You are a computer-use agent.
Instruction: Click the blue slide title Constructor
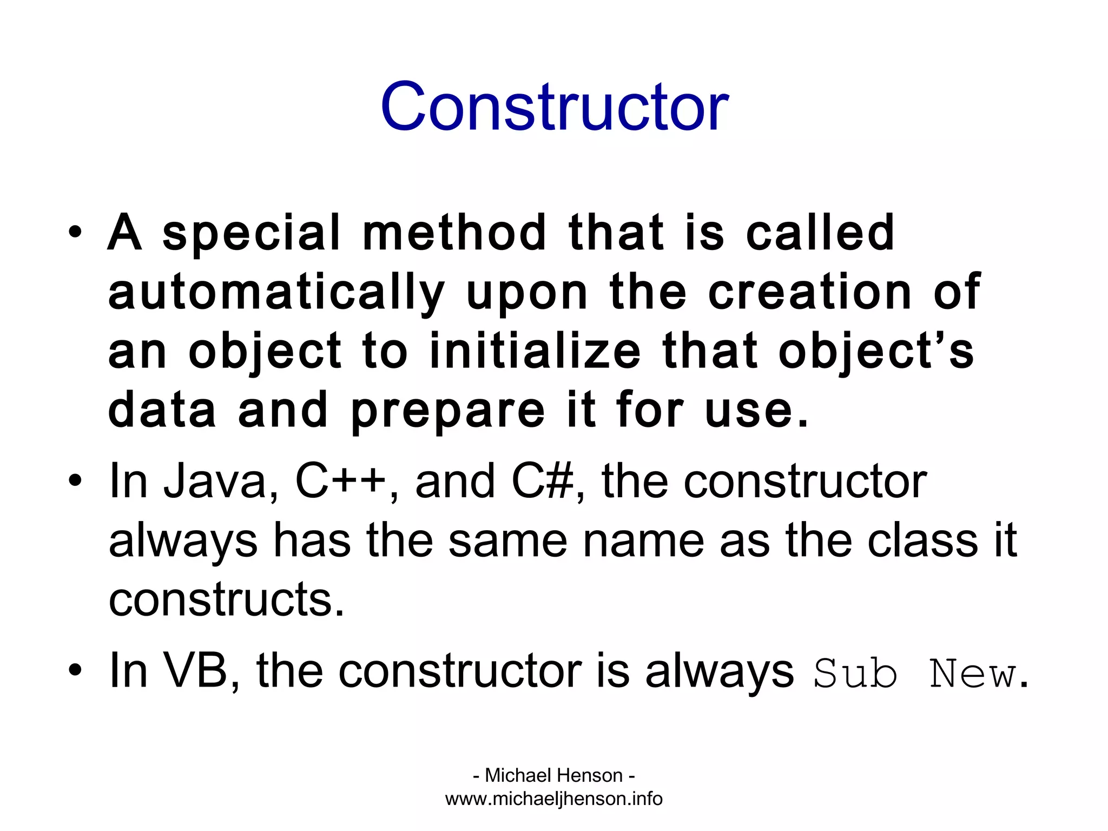tap(554, 107)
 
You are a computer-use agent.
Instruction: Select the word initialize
tap(535, 352)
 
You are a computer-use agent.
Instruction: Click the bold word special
tap(252, 234)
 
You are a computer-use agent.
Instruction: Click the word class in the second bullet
tap(922, 541)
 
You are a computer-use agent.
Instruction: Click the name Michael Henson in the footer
tap(554, 775)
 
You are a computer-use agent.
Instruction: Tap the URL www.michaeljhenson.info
tap(554, 799)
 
